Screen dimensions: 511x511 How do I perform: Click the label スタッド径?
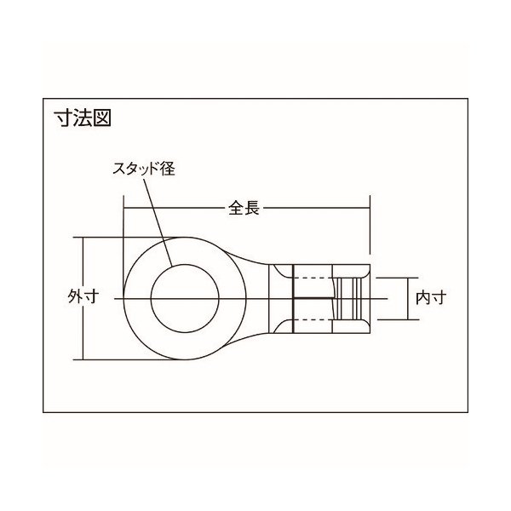click(x=145, y=169)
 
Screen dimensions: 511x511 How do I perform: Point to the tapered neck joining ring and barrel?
click(x=255, y=281)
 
